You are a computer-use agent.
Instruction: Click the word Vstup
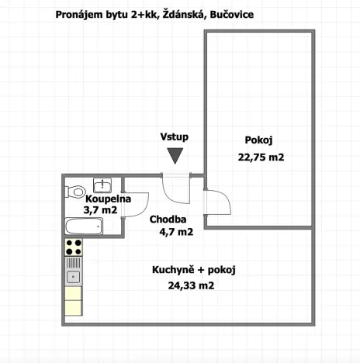tap(175, 137)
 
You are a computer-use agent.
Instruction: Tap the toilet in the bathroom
tap(76, 191)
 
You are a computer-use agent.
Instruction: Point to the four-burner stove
tap(74, 248)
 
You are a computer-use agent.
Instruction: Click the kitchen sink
tap(74, 275)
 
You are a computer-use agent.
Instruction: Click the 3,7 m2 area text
tap(102, 210)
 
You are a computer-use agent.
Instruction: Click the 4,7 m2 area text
tap(176, 231)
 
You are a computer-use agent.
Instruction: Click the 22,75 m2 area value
tap(261, 157)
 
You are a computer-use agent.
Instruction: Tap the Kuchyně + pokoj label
tap(194, 270)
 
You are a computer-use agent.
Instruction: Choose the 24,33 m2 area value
tap(190, 285)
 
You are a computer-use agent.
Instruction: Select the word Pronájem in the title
tap(81, 15)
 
